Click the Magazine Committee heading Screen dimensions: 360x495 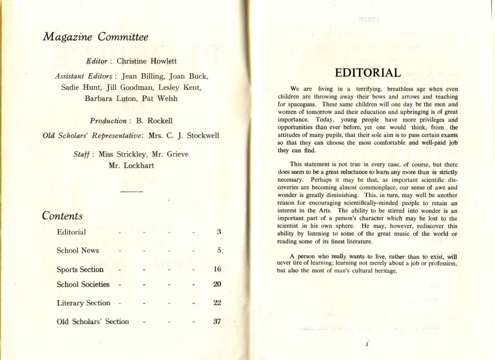pos(95,37)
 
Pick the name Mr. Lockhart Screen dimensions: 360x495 pos(131,165)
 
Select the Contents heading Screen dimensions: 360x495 pos(62,216)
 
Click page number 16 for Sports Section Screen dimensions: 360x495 pos(217,270)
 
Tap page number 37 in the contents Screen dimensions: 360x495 pos(217,322)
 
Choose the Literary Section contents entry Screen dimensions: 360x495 pos(83,303)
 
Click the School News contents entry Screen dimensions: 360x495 pos(77,250)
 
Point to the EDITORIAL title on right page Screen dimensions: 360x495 pos(368,73)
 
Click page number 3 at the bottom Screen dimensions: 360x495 pos(367,345)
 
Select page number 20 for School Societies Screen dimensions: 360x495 pos(217,284)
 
